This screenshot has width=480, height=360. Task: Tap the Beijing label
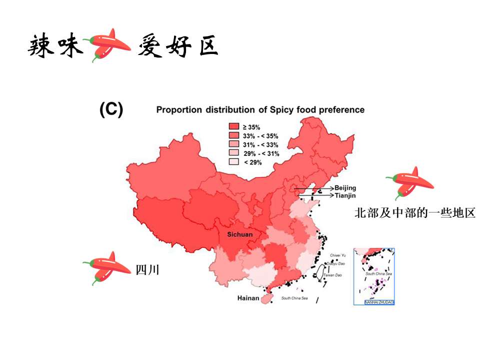coord(345,187)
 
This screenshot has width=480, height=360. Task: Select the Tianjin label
coord(344,196)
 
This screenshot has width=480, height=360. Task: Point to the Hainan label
coord(248,298)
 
